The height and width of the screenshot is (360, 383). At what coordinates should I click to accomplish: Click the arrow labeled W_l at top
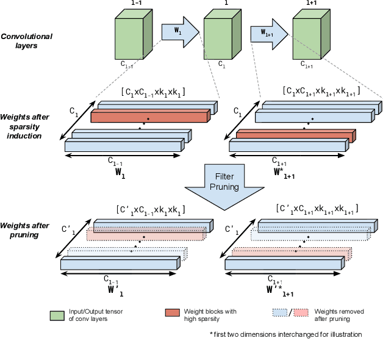click(x=179, y=30)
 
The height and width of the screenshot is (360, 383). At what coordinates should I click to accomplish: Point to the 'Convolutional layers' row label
click(x=26, y=41)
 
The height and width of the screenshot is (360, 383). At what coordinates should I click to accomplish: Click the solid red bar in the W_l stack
click(x=150, y=116)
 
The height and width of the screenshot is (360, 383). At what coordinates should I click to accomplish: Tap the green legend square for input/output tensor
click(x=57, y=315)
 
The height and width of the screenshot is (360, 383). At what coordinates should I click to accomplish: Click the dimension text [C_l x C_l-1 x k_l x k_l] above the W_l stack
click(x=153, y=92)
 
